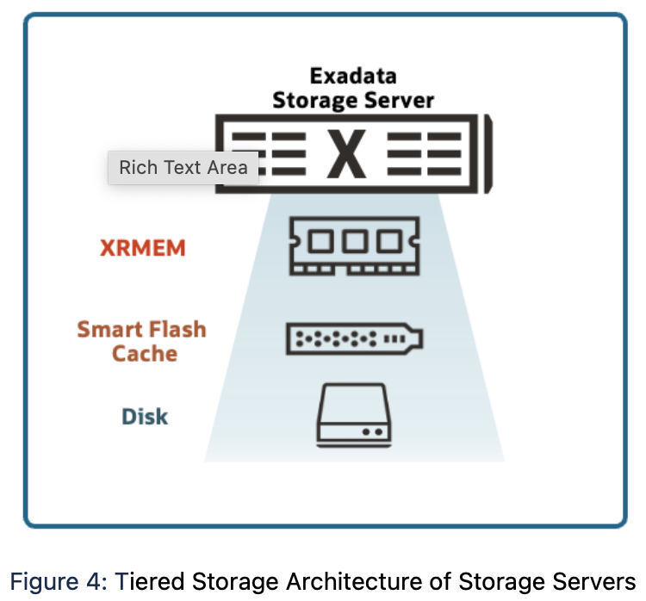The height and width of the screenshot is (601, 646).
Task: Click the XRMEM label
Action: coord(143,248)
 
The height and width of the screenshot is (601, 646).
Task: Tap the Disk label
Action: coord(145,417)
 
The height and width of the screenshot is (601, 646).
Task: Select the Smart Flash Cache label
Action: coord(142,341)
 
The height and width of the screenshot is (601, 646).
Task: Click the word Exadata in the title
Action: coord(353,76)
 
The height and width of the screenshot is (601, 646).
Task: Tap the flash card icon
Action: coord(353,339)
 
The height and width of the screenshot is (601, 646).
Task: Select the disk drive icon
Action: coord(354,413)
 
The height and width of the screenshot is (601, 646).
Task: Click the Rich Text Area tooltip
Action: coord(183,168)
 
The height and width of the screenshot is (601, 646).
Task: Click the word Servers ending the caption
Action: coord(591,579)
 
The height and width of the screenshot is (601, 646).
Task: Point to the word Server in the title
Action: coord(397,100)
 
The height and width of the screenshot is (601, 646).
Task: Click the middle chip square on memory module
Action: coord(354,242)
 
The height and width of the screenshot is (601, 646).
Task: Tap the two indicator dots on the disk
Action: coord(372,431)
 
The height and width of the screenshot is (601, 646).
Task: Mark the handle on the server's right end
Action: coord(487,155)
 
